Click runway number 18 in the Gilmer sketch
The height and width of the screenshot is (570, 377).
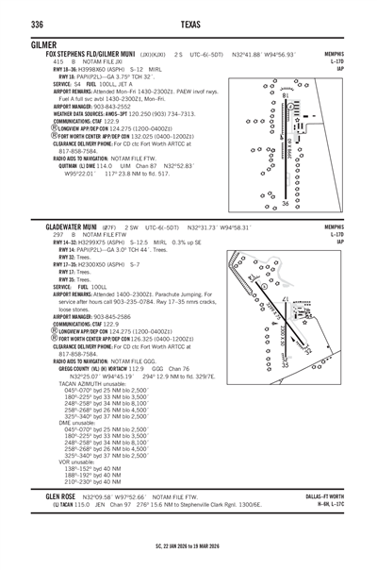click(x=286, y=94)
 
